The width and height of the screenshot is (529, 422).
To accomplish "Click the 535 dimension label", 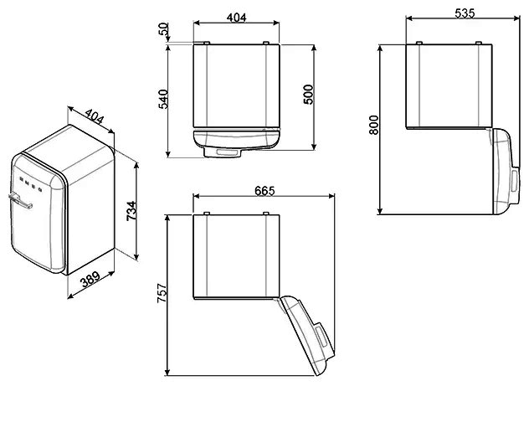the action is point(465,13).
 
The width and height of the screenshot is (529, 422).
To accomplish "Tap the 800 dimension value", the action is point(374,125).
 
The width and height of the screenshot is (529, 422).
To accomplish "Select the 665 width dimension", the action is point(264,191).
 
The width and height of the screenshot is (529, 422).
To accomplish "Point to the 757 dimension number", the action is point(162,292).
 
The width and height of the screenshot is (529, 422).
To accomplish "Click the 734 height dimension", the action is point(131,211).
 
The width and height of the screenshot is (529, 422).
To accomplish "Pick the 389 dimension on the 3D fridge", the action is point(90,280).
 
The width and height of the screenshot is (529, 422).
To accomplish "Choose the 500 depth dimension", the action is point(308,95).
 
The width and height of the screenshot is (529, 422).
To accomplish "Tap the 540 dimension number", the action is point(163,99).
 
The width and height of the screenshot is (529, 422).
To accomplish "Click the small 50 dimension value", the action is point(163,28).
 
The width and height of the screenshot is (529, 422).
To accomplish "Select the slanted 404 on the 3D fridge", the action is point(94,116).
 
